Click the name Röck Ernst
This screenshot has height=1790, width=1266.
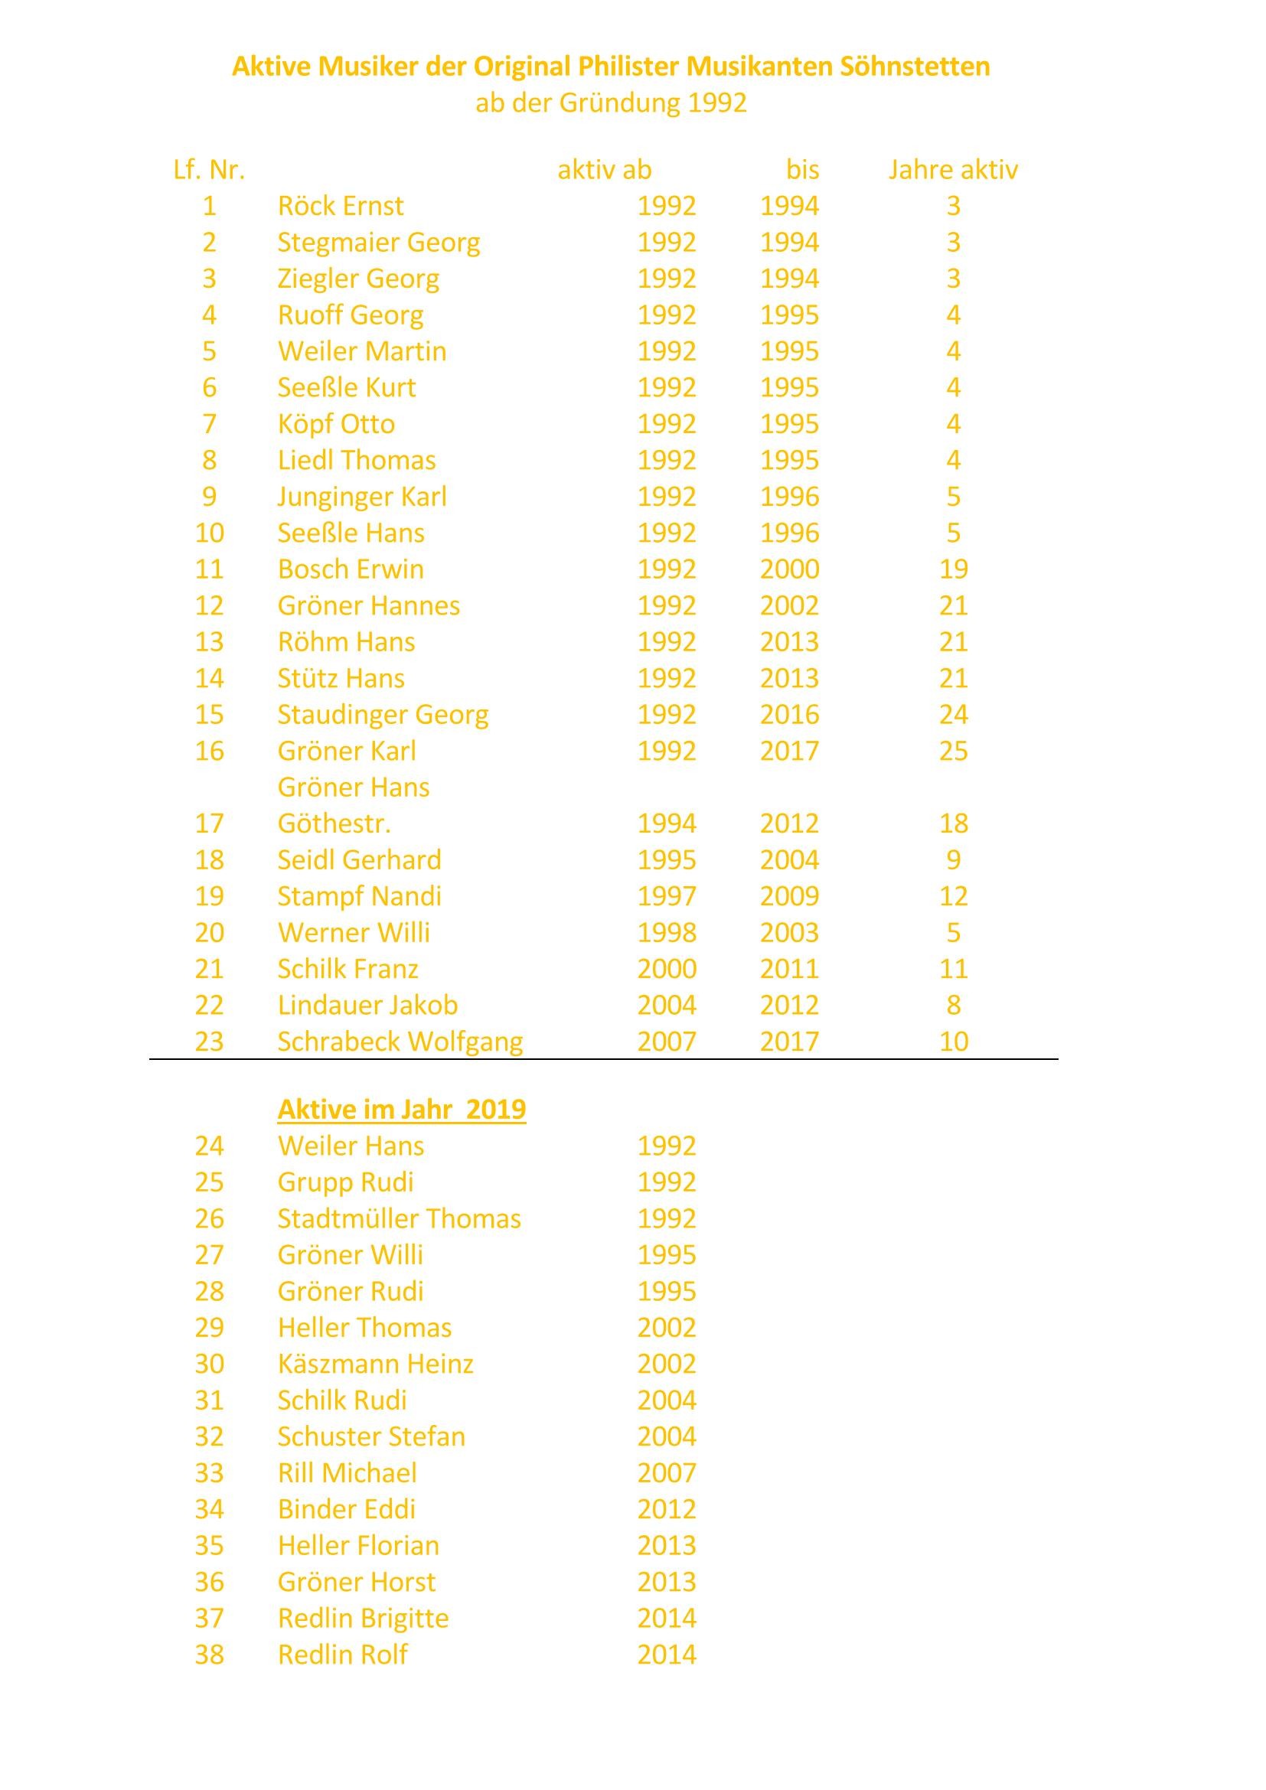click(341, 206)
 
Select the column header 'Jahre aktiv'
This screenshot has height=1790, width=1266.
click(953, 170)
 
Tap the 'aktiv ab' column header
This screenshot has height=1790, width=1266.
click(604, 170)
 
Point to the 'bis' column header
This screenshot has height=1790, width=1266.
click(802, 170)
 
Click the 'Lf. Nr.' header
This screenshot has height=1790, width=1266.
click(209, 170)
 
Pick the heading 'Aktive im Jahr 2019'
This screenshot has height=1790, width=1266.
click(402, 1110)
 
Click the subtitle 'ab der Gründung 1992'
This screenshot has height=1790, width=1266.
click(611, 103)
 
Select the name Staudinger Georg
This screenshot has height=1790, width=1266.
click(383, 715)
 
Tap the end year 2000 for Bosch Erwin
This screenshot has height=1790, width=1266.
click(790, 569)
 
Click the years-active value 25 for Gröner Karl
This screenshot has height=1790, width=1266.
click(954, 751)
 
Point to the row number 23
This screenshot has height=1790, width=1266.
click(209, 1042)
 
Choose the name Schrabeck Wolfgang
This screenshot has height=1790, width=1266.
click(400, 1042)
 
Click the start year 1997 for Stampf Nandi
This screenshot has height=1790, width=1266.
click(667, 897)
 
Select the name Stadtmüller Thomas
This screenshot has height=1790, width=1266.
click(399, 1218)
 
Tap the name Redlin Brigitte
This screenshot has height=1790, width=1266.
click(364, 1619)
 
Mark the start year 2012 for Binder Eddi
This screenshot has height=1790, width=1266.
click(667, 1509)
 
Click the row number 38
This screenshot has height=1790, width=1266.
click(209, 1655)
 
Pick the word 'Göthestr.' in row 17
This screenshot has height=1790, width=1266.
click(334, 824)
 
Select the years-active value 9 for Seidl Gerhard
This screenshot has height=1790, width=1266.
click(954, 860)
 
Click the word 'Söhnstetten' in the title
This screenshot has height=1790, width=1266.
click(915, 67)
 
